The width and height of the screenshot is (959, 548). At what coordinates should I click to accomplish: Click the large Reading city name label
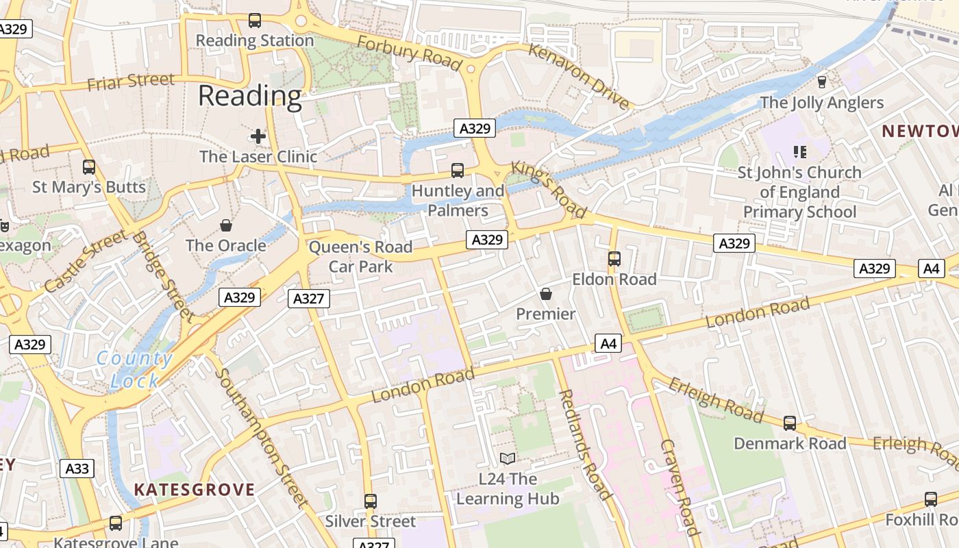(x=250, y=96)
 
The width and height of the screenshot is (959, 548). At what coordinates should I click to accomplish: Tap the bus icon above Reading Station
(x=255, y=21)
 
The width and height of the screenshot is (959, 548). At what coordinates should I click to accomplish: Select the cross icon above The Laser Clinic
(x=258, y=136)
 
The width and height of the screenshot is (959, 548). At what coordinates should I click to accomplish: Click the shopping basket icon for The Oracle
(x=226, y=225)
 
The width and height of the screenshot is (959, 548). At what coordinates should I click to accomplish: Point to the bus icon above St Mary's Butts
(x=89, y=166)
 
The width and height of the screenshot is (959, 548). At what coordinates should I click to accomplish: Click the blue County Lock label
(x=134, y=369)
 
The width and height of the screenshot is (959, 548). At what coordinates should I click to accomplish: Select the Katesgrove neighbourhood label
(x=195, y=490)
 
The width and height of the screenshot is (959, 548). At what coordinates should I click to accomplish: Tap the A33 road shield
(x=77, y=469)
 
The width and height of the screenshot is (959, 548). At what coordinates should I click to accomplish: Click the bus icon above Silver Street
(x=371, y=501)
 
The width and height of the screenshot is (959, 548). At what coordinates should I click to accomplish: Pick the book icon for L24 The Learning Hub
(x=508, y=458)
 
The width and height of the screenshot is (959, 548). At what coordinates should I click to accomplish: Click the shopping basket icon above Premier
(x=546, y=294)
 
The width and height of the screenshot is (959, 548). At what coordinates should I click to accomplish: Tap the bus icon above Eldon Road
(x=614, y=258)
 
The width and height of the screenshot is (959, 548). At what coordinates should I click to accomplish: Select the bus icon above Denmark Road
(x=790, y=423)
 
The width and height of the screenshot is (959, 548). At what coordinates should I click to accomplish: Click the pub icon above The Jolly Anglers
(x=822, y=82)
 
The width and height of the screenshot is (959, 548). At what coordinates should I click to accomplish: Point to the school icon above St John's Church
(x=799, y=151)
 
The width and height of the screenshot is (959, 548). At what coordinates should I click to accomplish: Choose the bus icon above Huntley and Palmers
(x=458, y=170)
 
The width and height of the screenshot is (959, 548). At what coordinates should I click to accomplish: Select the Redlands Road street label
(x=585, y=444)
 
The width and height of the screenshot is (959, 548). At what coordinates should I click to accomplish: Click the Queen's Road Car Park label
(x=361, y=256)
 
